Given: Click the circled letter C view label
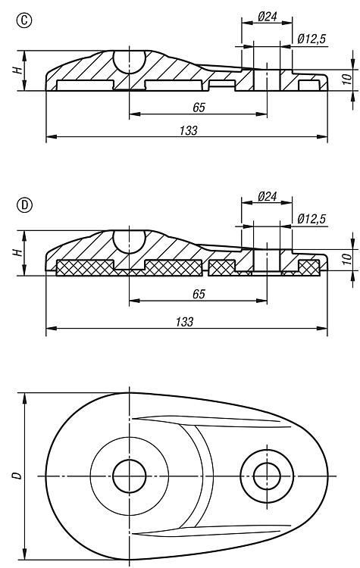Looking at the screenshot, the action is click(24, 20).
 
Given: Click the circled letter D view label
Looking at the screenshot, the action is click(24, 205).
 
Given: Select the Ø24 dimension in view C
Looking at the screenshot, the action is click(268, 17).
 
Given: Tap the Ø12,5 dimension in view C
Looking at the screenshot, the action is click(311, 39).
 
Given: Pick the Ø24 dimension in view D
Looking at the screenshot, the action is click(268, 196).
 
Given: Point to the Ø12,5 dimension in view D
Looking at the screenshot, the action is click(311, 219).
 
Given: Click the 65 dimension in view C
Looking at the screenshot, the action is click(199, 108).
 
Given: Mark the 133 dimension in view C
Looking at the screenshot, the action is click(189, 130).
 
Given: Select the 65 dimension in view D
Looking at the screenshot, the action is click(199, 294).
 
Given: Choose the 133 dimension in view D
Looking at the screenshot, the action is click(184, 322).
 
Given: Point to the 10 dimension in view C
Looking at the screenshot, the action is click(347, 79).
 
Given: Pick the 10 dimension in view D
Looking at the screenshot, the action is click(347, 259).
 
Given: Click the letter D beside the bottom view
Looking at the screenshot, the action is click(17, 476).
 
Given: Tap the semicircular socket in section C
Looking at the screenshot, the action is click(130, 62).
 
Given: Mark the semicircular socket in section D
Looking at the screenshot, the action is click(130, 242).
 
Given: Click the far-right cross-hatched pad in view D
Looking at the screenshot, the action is click(309, 268).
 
